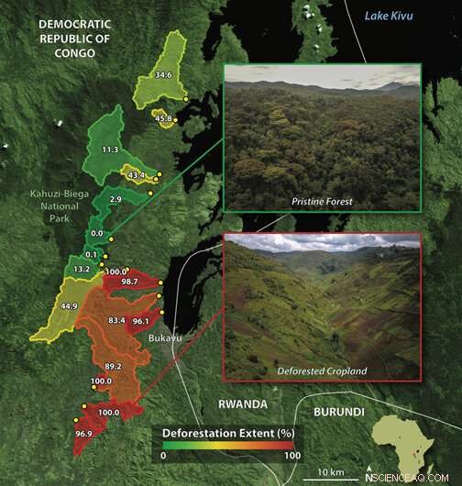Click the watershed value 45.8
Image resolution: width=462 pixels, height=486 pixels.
click(164, 118)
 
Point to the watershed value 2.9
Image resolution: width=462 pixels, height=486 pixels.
click(115, 199)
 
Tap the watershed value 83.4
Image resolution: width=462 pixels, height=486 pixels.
click(116, 320)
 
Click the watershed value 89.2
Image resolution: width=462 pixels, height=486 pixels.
click(114, 366)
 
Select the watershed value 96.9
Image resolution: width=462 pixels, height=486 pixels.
click(84, 432)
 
